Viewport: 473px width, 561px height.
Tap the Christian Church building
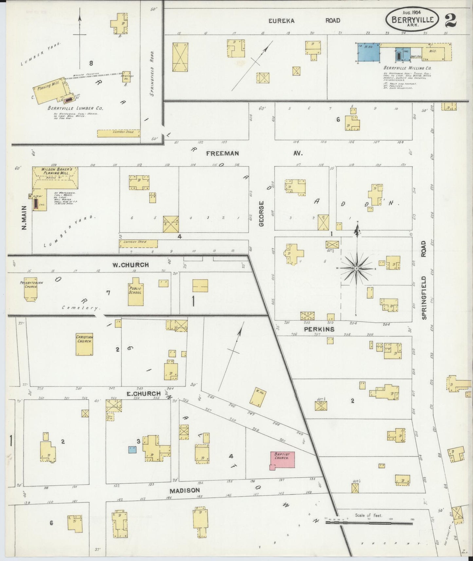click(85, 345)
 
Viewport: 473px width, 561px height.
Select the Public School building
click(135, 288)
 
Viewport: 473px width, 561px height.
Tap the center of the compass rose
click(356, 268)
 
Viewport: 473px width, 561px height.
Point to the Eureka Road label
click(304, 21)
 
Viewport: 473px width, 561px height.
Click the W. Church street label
click(131, 265)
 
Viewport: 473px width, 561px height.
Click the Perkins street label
click(319, 329)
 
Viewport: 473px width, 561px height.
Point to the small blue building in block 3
click(132, 449)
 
